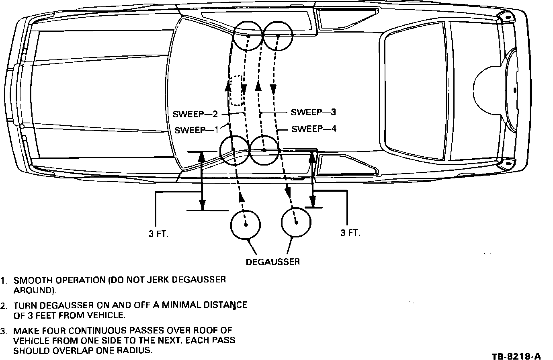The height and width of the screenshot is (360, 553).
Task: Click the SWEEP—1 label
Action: coord(196,130)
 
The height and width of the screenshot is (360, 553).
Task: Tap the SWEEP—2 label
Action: coord(195,115)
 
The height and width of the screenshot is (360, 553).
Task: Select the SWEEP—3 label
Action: coord(313,112)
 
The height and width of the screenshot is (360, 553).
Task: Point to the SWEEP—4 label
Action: coord(314,129)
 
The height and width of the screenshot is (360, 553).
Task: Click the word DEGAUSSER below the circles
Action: coord(273,262)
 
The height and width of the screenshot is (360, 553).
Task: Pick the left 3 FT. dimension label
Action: coord(159,234)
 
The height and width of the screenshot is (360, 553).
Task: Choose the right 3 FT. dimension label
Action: coord(350,233)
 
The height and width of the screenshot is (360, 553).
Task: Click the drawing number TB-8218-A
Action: coord(516,356)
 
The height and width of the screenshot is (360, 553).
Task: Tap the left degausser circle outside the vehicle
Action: coord(245,223)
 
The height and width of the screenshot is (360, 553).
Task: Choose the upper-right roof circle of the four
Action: coord(278,36)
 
